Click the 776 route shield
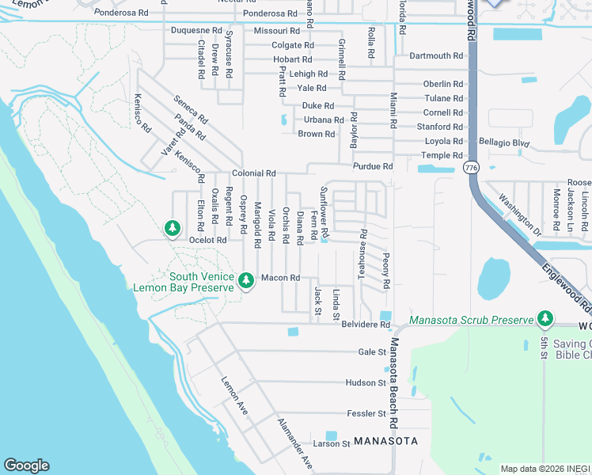pyautogui.click(x=472, y=168)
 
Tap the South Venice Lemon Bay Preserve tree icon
pyautogui.click(x=246, y=280)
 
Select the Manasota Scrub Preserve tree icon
pyautogui.click(x=545, y=319)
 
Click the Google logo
pyautogui.click(x=26, y=465)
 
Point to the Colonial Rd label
pyautogui.click(x=253, y=173)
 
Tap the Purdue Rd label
pyautogui.click(x=373, y=166)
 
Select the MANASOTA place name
pyautogui.click(x=385, y=440)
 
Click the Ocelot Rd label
pyautogui.click(x=207, y=240)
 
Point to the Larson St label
pyautogui.click(x=331, y=444)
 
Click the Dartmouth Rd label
pyautogui.click(x=436, y=55)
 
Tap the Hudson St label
pyautogui.click(x=365, y=382)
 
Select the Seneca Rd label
pyautogui.click(x=191, y=110)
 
